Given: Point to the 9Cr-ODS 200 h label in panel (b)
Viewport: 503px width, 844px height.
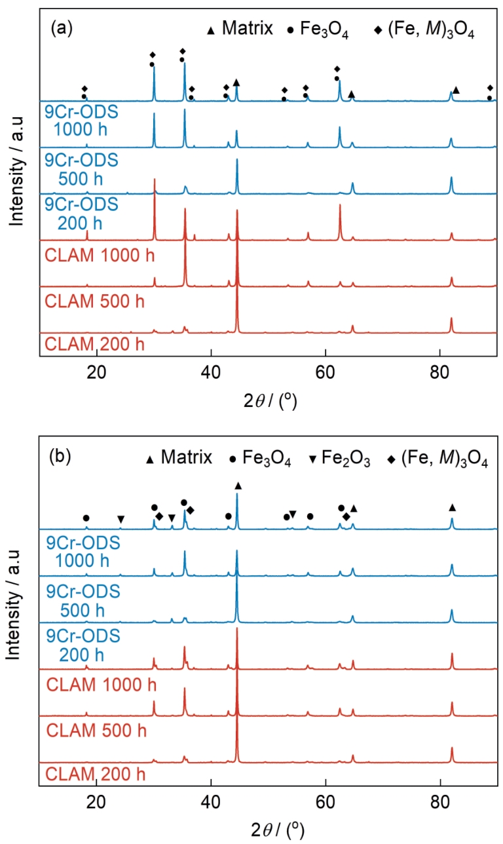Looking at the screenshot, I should coord(81,643).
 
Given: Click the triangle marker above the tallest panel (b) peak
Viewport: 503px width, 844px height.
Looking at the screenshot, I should coord(238,486).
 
